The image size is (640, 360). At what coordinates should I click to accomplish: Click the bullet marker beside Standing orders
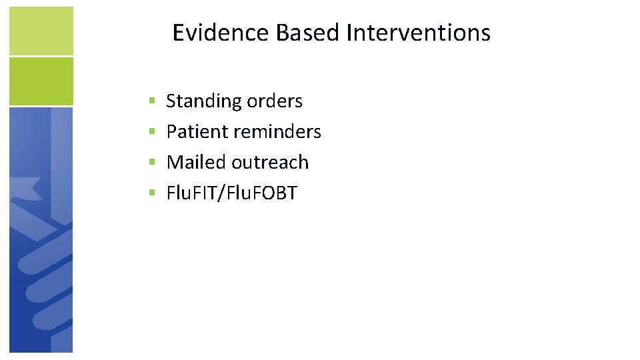pyautogui.click(x=152, y=101)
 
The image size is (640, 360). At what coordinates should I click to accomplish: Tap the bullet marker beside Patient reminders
pyautogui.click(x=152, y=132)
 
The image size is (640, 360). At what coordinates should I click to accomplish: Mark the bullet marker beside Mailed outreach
pyautogui.click(x=152, y=163)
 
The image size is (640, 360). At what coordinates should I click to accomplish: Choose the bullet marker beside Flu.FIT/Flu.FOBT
pyautogui.click(x=152, y=193)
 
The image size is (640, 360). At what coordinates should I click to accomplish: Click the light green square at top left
pyautogui.click(x=41, y=31)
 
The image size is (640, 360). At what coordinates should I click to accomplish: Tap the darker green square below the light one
pyautogui.click(x=41, y=81)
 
